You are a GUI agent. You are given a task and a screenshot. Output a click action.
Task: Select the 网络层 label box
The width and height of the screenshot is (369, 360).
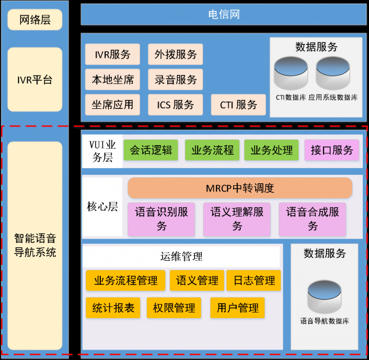[34, 20]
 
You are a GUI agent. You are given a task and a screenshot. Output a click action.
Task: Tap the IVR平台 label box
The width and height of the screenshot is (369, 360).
[34, 79]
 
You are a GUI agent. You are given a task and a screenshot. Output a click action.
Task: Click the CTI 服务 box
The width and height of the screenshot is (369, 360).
[239, 105]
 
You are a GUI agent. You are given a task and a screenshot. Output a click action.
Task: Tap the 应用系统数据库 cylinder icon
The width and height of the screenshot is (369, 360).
[333, 74]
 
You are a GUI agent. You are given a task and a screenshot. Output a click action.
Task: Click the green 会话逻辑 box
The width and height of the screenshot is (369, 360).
[151, 150]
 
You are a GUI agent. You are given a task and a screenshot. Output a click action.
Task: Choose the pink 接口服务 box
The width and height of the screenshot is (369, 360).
[332, 150]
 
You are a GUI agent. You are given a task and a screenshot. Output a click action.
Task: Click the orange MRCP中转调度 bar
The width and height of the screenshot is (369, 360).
[240, 188]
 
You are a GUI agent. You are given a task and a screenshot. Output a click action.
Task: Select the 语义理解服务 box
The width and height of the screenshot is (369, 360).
[237, 218]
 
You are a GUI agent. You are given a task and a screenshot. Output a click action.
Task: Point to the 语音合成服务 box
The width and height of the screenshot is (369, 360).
[312, 218]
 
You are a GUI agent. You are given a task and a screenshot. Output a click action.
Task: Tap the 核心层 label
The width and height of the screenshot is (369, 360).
[101, 207]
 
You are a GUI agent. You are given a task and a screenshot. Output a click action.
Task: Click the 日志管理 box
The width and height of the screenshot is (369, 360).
[254, 281]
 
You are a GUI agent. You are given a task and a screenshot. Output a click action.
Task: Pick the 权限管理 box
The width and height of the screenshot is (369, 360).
[174, 308]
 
